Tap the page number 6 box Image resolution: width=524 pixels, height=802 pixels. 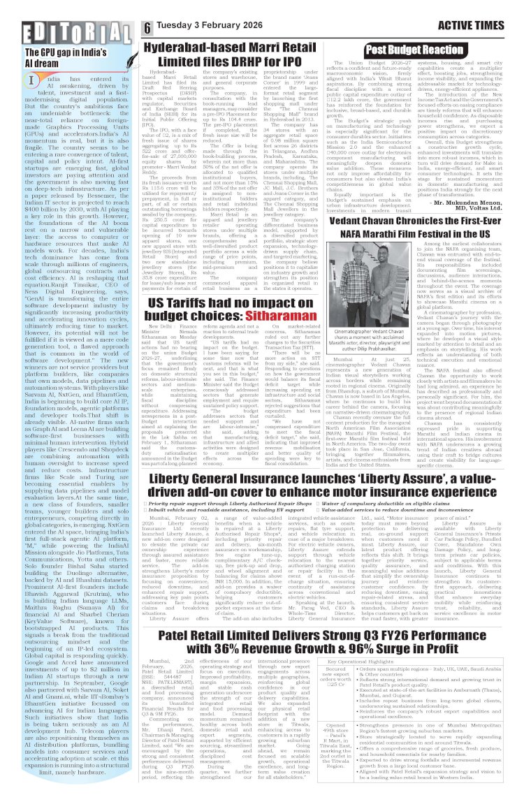point(148,27)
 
